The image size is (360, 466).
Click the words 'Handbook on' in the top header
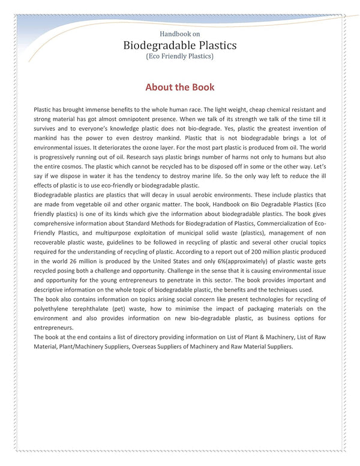180,34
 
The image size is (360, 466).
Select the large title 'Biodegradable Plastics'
180,45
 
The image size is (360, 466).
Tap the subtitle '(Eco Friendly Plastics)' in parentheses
180,56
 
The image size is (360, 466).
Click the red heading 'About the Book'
180,87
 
